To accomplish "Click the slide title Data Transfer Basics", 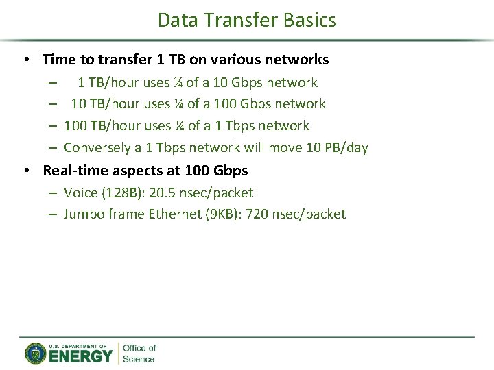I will [x=247, y=20].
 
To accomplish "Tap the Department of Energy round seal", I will [x=35, y=354].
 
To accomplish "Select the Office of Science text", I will [x=139, y=354].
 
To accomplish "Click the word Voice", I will [x=80, y=193].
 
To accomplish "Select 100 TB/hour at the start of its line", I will [x=102, y=125].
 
